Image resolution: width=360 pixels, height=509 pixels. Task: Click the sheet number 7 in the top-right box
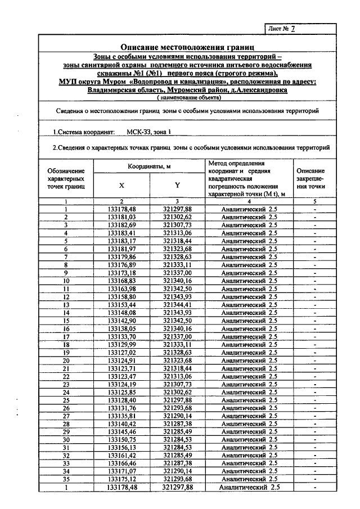click(292, 29)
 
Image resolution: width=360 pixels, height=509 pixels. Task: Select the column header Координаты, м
click(149, 166)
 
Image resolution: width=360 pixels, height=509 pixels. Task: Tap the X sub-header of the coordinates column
click(121, 185)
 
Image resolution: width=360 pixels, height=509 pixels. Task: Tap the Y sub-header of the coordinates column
click(177, 185)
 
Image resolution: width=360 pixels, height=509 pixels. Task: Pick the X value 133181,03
click(121, 217)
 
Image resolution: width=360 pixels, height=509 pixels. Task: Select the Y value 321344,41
click(178, 305)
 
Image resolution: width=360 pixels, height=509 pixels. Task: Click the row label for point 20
click(66, 361)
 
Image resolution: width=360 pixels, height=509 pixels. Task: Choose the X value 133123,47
click(121, 376)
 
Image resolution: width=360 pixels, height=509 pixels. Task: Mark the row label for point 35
click(66, 479)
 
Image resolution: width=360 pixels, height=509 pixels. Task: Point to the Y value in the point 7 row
click(178, 256)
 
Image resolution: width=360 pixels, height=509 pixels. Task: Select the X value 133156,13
click(121, 448)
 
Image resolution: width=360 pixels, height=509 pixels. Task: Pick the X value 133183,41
click(121, 233)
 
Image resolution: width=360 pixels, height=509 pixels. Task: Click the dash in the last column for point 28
click(315, 424)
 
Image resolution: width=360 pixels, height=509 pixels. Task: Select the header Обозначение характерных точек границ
click(66, 178)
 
